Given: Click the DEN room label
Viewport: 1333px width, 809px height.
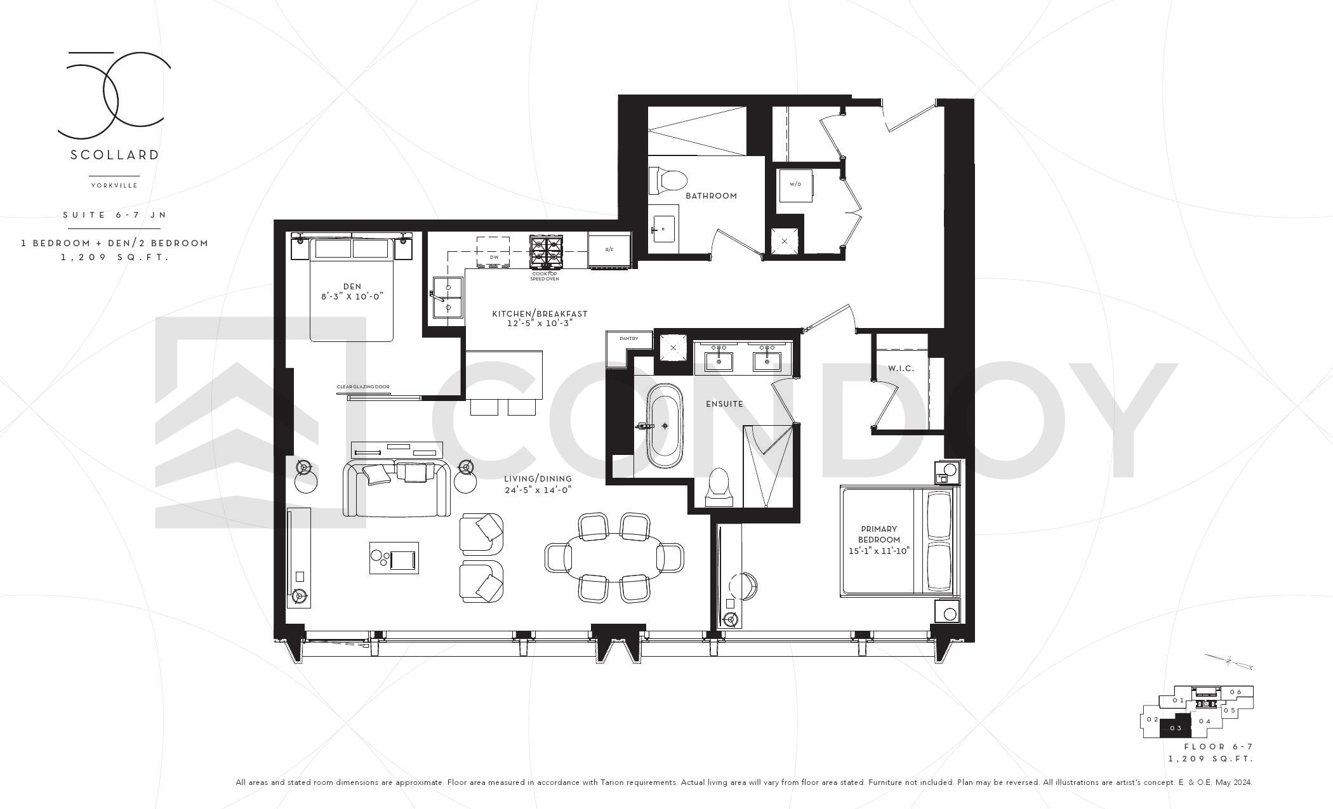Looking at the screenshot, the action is point(352,287).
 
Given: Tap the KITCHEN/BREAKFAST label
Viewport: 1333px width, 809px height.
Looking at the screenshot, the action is point(540,314).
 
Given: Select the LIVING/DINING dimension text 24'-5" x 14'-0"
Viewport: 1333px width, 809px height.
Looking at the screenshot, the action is point(538,490).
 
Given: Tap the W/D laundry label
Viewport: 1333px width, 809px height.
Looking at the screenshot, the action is point(795,185).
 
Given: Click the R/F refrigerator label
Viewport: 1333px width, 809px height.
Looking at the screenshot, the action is point(609,250).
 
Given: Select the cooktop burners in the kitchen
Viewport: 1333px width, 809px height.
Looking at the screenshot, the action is point(546,252).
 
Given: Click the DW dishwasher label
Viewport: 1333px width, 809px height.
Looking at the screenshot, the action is point(494,258).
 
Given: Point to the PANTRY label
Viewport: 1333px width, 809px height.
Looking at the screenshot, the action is point(628,339).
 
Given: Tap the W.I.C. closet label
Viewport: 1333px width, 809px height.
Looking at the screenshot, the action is point(901,369).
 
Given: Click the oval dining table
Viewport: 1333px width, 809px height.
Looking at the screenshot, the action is point(614,557).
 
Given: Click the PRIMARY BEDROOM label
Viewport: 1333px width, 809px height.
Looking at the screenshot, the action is point(879,534).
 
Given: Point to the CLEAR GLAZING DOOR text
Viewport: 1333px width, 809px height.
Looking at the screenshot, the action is point(363,386).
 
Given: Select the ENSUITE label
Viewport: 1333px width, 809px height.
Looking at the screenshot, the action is point(724,404).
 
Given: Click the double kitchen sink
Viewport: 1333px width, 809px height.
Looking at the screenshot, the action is point(448,297).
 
